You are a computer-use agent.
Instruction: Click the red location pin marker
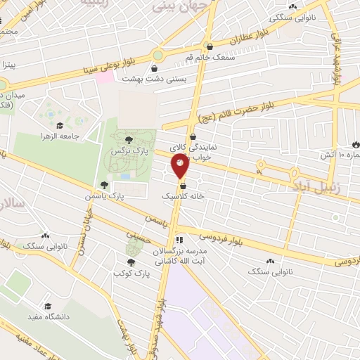pos(180,166)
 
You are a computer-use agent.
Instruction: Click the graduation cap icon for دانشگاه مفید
pos(48,306)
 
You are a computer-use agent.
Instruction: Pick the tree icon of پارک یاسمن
pos(104,185)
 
